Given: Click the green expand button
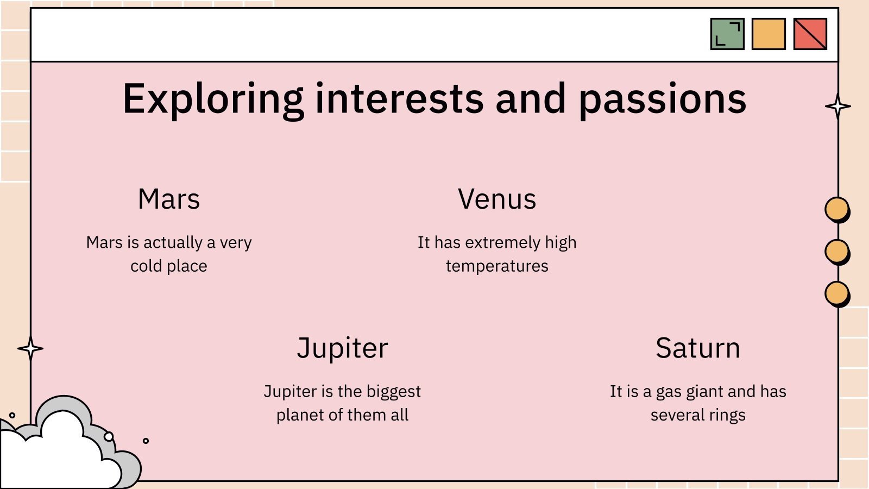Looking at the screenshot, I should [x=727, y=34].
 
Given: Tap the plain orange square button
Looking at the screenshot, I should [x=769, y=34].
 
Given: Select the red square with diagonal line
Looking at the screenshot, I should [x=810, y=34].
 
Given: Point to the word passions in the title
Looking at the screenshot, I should [x=662, y=99].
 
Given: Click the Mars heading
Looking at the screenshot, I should [x=169, y=199].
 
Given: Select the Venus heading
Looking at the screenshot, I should [x=497, y=199].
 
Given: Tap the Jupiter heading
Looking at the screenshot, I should [x=343, y=348].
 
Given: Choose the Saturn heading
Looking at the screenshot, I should [x=698, y=348].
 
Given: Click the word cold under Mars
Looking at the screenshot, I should [x=146, y=266].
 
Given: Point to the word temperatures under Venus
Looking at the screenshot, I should [x=497, y=266].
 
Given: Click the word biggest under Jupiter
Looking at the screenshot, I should [x=394, y=391].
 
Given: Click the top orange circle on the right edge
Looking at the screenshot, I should [x=836, y=209].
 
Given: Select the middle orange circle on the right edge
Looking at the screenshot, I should [x=836, y=251].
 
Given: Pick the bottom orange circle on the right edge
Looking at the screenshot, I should [x=836, y=293].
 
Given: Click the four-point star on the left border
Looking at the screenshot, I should [x=30, y=348].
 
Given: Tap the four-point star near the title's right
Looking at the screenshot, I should [x=838, y=106].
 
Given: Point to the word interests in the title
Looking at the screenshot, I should [x=399, y=99].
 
